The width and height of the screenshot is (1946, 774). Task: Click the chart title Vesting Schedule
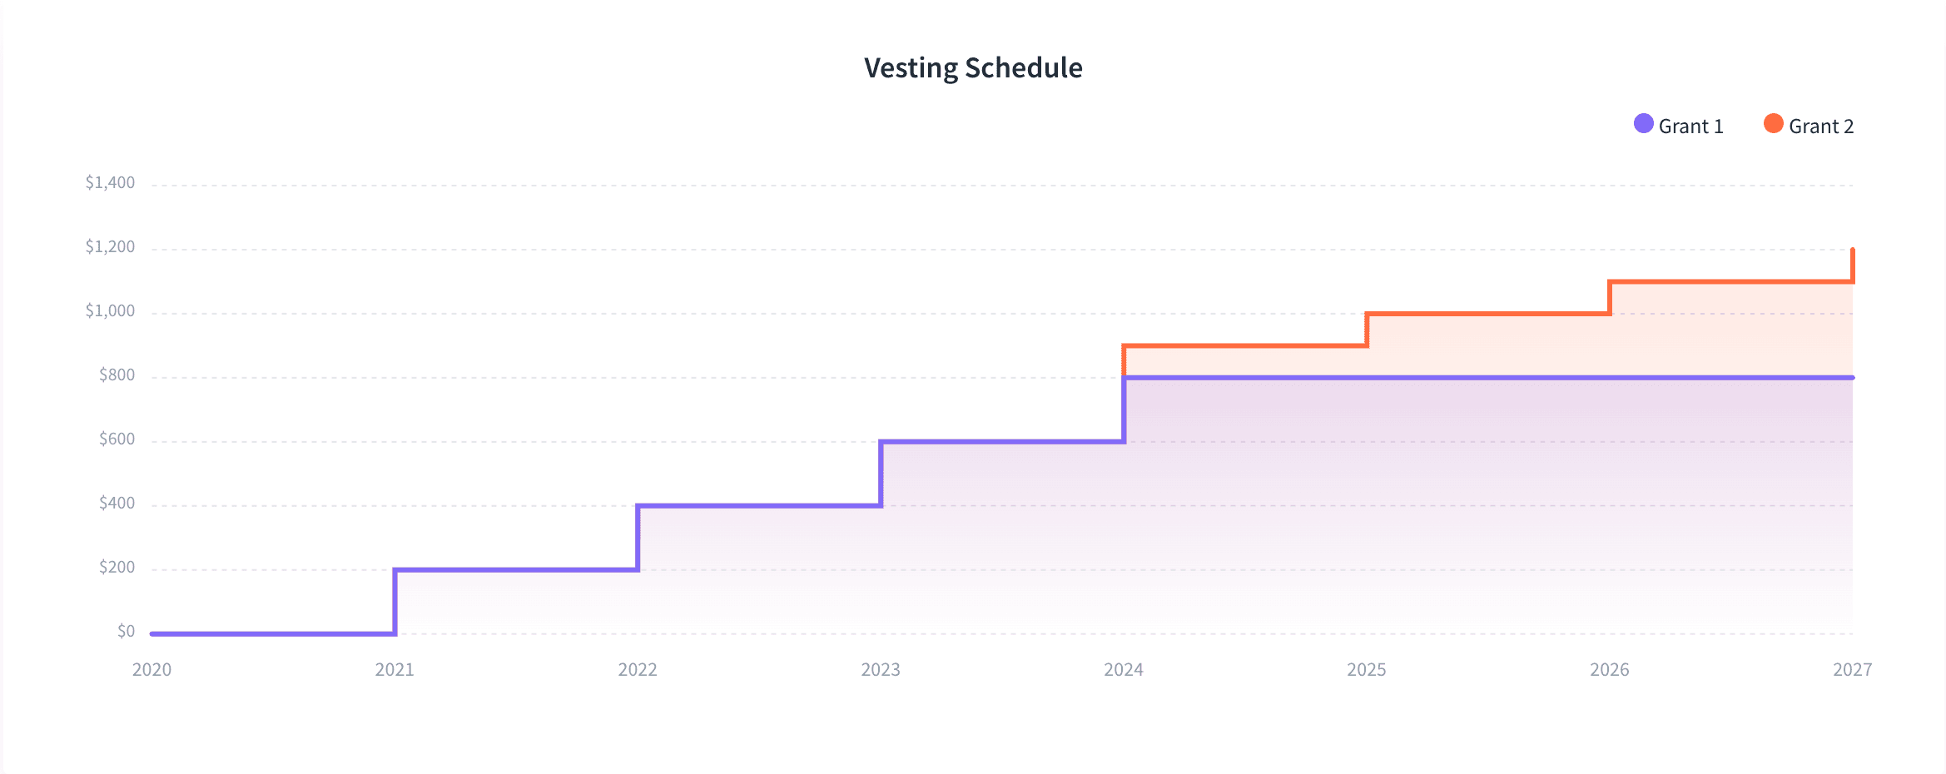pos(973,67)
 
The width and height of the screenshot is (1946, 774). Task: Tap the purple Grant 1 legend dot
pos(1643,124)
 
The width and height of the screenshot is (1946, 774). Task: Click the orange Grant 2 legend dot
pos(1773,124)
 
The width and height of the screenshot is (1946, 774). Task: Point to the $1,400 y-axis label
pos(110,182)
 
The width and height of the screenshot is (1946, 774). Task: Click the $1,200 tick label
pos(110,246)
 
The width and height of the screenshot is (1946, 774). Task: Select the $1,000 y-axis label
pos(110,310)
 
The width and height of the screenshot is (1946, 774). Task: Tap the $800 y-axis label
pos(117,375)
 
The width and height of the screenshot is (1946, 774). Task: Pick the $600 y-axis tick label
pos(117,439)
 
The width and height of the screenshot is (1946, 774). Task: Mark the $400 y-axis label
pos(117,503)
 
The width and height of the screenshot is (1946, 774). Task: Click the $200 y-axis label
pos(117,567)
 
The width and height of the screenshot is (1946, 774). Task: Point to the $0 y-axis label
pos(126,631)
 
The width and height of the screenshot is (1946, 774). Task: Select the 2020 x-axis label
pos(151,669)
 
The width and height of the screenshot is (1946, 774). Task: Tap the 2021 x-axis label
pos(395,669)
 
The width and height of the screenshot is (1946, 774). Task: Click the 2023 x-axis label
pos(881,669)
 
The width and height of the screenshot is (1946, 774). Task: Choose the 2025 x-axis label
pos(1367,669)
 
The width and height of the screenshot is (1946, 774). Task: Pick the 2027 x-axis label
pos(1852,669)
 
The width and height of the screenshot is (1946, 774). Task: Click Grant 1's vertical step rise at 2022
pos(638,538)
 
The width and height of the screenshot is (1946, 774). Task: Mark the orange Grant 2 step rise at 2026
pos(1610,298)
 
